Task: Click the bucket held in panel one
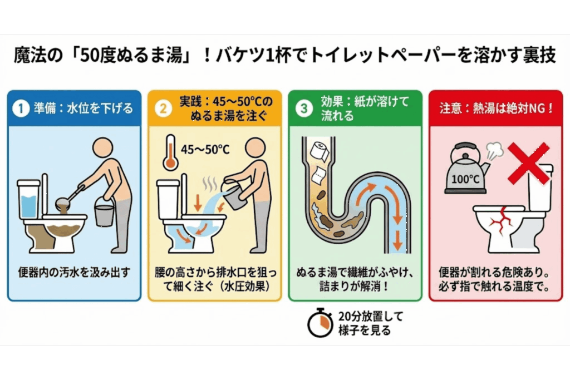(104, 215)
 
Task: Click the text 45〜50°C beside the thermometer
(206, 149)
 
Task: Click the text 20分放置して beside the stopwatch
(370, 316)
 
